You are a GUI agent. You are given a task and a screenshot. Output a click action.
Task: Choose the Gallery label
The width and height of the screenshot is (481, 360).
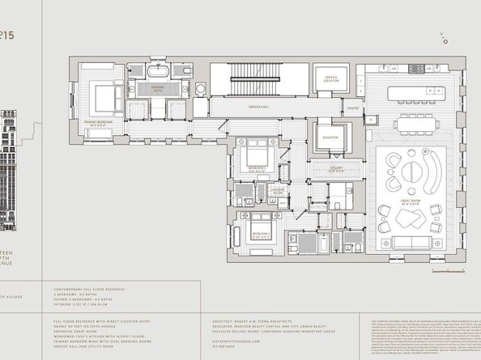coord(336,168)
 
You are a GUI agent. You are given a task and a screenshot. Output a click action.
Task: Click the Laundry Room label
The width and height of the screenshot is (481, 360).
coord(278,193)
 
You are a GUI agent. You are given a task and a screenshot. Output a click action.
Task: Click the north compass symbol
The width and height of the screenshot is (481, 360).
coord(445,36)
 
